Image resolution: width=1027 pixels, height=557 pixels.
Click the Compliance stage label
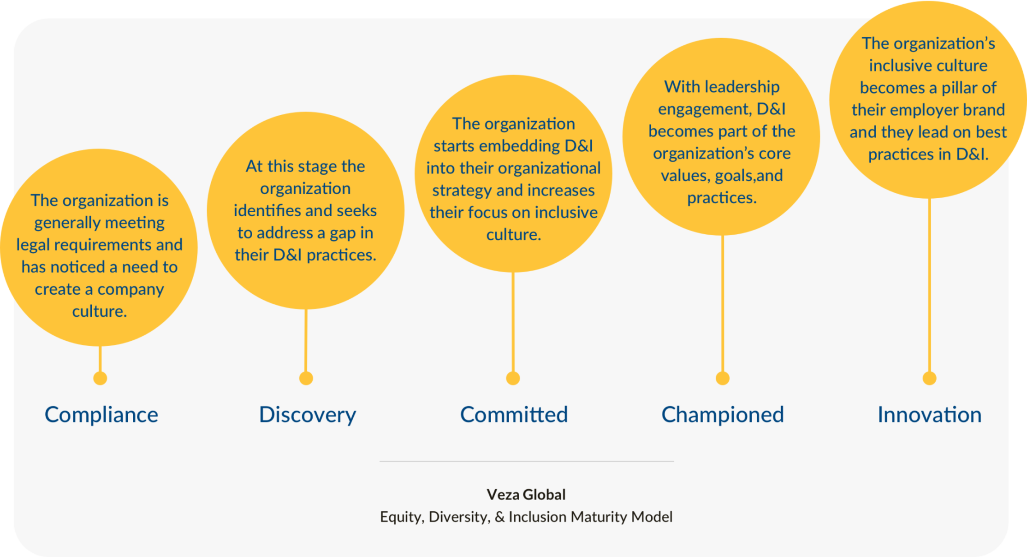(x=101, y=415)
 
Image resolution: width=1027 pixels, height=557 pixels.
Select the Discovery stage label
(x=307, y=415)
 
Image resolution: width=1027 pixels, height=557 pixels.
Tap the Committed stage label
(x=514, y=415)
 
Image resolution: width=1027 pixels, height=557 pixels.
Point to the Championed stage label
(x=722, y=415)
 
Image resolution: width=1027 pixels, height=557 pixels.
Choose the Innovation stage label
(x=929, y=415)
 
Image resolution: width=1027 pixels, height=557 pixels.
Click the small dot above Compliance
(x=100, y=378)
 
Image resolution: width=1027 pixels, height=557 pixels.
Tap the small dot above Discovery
(x=306, y=378)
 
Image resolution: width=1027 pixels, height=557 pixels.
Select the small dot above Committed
(x=513, y=378)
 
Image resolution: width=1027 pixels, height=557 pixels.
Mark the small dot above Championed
(x=723, y=378)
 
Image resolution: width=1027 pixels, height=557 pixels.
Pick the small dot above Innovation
(x=929, y=378)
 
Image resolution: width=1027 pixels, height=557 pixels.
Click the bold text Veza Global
(x=526, y=494)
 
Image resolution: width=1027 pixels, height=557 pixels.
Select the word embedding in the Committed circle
(x=519, y=146)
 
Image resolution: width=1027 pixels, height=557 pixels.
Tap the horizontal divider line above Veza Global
(x=526, y=461)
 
